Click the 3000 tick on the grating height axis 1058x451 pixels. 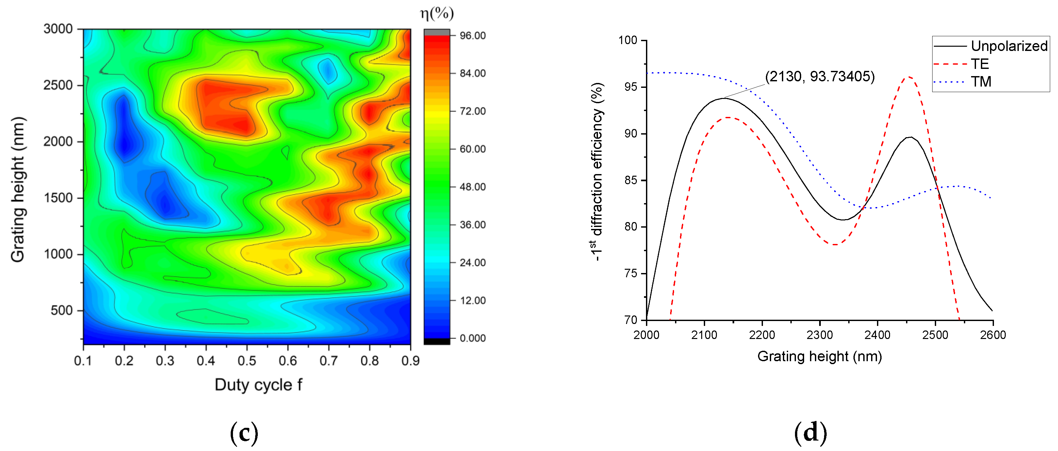58,29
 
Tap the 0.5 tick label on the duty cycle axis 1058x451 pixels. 247,361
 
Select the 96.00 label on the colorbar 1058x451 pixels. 472,36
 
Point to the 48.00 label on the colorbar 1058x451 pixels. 472,187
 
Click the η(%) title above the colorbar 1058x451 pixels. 437,13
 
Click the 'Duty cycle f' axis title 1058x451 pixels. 258,385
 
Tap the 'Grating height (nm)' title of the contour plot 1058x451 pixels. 18,190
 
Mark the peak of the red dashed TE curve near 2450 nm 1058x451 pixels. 909,77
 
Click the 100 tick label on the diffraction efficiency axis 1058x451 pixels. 628,40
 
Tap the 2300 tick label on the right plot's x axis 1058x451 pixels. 819,335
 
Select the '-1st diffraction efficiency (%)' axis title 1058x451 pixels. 596,171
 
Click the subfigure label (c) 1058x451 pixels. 244,433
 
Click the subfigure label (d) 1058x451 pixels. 810,433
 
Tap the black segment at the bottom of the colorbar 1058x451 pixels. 437,341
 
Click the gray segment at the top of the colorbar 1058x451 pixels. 437,32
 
